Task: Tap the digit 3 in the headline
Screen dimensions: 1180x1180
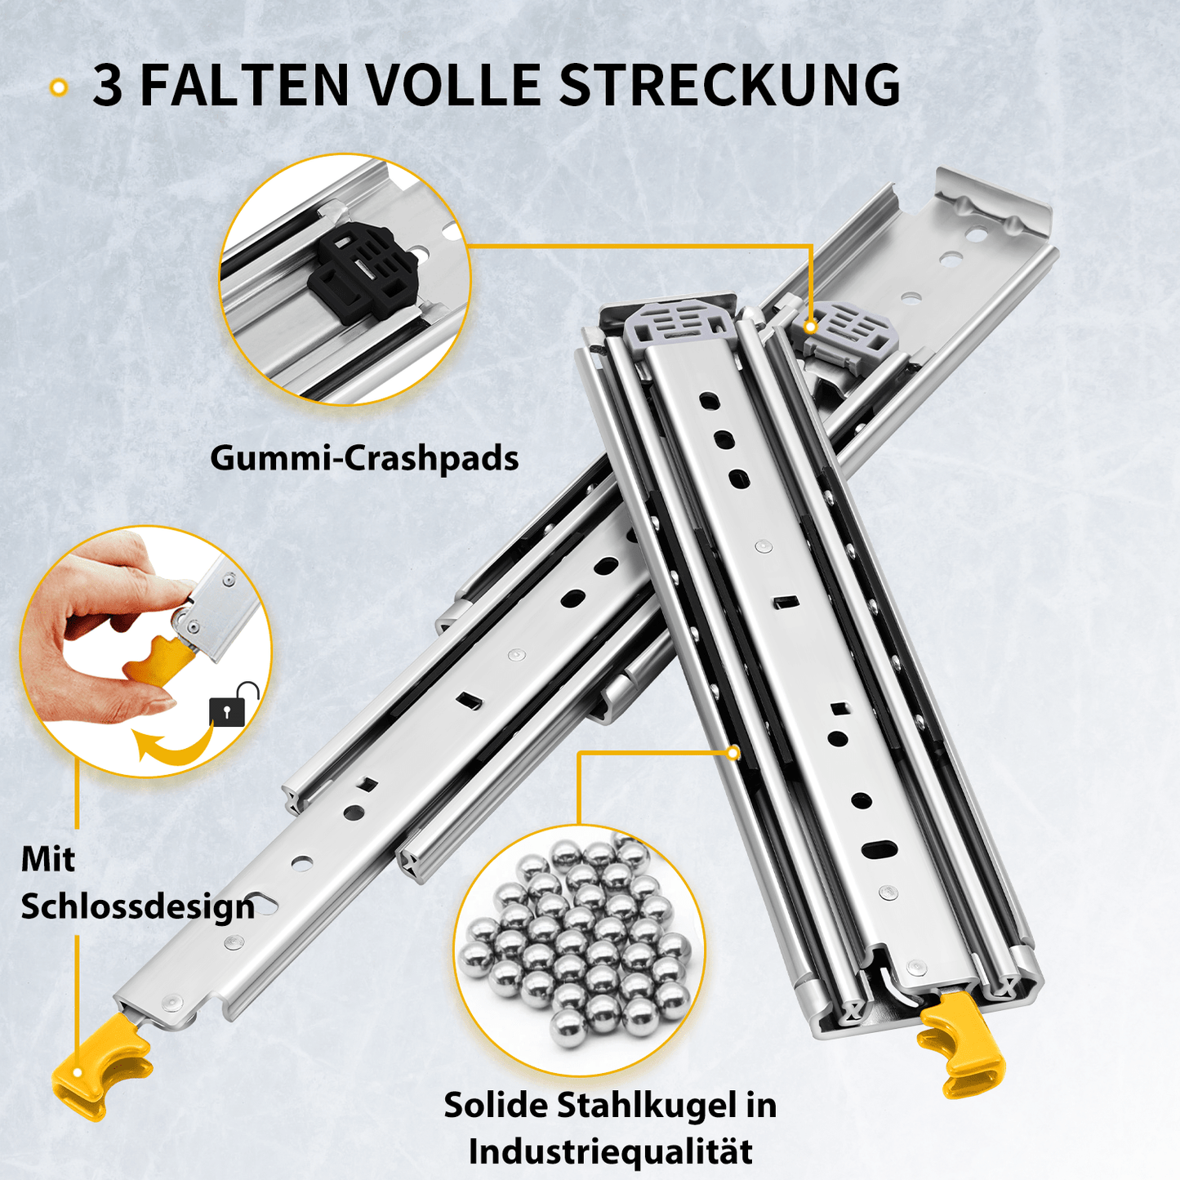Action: [108, 85]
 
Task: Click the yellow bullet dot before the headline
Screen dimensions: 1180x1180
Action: [58, 87]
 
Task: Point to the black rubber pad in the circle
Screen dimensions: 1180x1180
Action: [363, 270]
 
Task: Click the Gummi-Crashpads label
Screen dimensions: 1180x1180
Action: [364, 458]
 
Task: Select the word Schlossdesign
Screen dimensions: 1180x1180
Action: [137, 906]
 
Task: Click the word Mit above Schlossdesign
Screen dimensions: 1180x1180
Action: [47, 859]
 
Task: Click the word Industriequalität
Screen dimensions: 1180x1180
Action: [610, 1151]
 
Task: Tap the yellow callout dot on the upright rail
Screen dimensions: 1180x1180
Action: [732, 753]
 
